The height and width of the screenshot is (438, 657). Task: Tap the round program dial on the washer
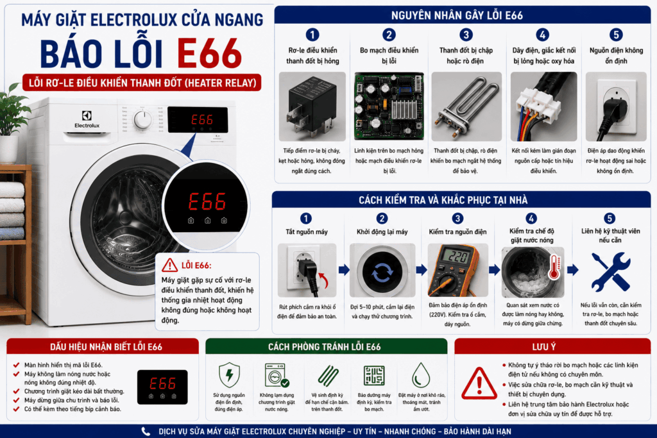(x=143, y=119)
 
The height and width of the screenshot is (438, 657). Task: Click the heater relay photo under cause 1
(x=312, y=106)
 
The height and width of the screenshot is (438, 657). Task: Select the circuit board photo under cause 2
(x=389, y=106)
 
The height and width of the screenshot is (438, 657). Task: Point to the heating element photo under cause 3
(x=466, y=106)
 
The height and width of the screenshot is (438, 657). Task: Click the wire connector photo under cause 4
(x=543, y=106)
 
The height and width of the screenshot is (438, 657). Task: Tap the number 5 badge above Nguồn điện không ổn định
(x=616, y=35)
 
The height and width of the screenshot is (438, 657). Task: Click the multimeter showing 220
(x=457, y=270)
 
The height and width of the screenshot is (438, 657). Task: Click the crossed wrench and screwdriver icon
(x=611, y=272)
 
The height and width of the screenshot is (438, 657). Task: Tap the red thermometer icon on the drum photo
(x=554, y=267)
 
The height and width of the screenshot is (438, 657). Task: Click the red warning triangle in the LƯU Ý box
(x=479, y=383)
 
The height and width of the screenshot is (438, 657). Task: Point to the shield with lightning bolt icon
(x=229, y=375)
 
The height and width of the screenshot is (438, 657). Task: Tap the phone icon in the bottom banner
(x=146, y=432)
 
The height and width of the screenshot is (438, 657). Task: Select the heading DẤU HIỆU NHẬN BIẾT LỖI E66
(x=106, y=347)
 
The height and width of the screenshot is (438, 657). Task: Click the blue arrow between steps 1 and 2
(x=344, y=270)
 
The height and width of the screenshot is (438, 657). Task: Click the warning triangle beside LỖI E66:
(x=169, y=265)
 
